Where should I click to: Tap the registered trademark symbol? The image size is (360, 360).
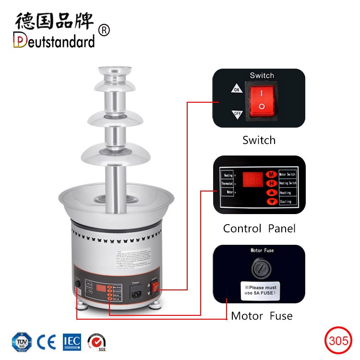pyautogui.click(x=104, y=30)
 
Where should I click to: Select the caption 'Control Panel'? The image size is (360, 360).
pyautogui.click(x=259, y=228)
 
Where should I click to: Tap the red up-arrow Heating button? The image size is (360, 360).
pyautogui.click(x=272, y=192)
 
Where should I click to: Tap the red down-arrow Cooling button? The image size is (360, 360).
pyautogui.click(x=272, y=202)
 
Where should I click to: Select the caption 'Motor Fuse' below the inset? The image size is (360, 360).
pyautogui.click(x=262, y=316)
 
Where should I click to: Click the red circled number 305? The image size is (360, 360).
pyautogui.click(x=338, y=341)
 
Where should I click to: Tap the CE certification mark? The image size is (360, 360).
pyautogui.click(x=47, y=342)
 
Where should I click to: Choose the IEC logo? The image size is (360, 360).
pyautogui.click(x=72, y=342)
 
